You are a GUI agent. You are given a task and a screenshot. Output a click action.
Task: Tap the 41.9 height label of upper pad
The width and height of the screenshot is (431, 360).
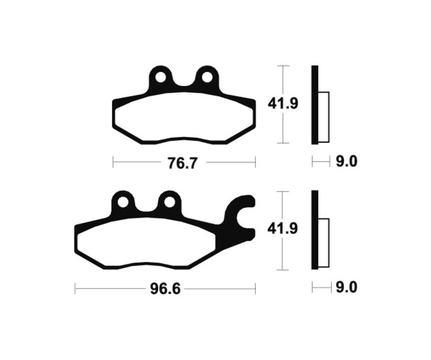pyautogui.click(x=283, y=103)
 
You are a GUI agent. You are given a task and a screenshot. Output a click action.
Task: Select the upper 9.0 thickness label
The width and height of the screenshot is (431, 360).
pyautogui.click(x=346, y=162)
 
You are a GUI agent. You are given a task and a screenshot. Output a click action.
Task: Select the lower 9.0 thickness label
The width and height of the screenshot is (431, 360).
pyautogui.click(x=346, y=288)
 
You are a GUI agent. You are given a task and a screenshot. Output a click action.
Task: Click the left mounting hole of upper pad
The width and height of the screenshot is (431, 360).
pyautogui.click(x=160, y=77)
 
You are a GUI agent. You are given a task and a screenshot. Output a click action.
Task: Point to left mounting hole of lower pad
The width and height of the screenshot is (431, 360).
pyautogui.click(x=123, y=202)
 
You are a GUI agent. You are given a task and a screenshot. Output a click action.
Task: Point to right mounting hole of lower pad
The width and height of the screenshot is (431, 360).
pyautogui.click(x=169, y=202)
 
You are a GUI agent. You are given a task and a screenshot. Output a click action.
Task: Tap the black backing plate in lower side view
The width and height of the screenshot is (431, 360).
pyautogui.click(x=314, y=230)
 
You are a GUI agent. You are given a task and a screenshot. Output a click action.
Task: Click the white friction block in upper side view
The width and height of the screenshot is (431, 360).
pyautogui.click(x=324, y=117)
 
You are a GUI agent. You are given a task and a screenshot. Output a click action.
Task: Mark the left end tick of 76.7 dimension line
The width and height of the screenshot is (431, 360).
pyautogui.click(x=113, y=162)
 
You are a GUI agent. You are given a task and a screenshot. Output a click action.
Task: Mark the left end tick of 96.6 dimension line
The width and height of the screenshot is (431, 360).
pyautogui.click(x=76, y=289)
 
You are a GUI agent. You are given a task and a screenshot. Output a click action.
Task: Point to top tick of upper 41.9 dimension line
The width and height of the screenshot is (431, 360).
pyautogui.click(x=284, y=65)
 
